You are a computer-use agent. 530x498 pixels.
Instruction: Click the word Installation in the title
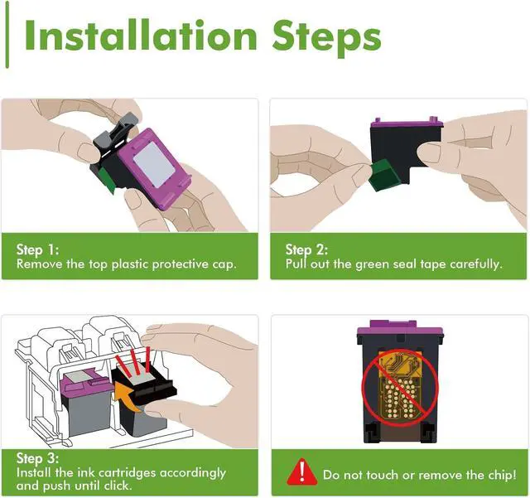point(141,35)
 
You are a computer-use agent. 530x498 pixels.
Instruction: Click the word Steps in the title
point(326,38)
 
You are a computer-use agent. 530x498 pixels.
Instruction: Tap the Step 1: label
point(37,250)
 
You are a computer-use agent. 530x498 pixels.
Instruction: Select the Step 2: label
point(306,250)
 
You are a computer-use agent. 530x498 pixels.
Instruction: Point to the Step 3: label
point(37,458)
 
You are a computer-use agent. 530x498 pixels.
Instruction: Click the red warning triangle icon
point(301,471)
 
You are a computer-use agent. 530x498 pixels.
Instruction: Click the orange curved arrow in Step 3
point(127,396)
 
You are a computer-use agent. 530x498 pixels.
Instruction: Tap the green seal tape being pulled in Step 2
point(383,175)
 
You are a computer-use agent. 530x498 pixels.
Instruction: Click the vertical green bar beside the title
point(7,34)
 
